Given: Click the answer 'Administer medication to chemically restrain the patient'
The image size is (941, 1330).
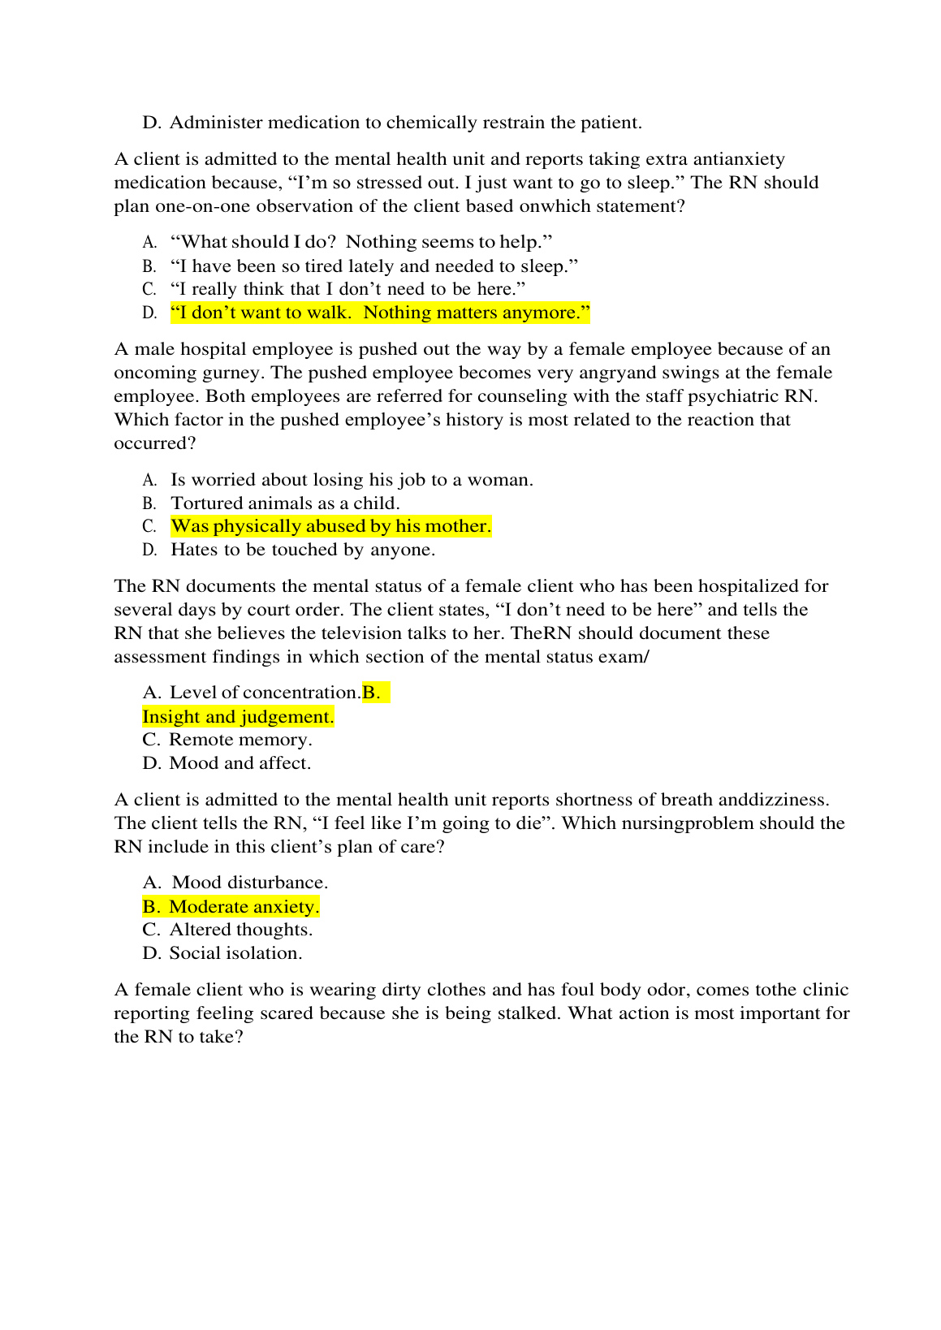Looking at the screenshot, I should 405,123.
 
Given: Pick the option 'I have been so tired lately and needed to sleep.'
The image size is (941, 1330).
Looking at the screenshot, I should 374,266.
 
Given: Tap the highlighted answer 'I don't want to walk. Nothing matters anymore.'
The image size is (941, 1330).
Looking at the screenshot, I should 380,313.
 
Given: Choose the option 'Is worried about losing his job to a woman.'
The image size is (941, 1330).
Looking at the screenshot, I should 352,480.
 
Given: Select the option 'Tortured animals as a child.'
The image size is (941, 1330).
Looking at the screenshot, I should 285,503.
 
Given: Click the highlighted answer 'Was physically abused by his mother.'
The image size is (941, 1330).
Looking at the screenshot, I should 330,526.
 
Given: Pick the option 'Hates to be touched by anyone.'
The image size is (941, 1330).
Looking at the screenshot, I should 303,550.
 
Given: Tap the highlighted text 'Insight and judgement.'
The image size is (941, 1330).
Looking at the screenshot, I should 238,717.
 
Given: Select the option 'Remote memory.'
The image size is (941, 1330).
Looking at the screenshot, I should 240,740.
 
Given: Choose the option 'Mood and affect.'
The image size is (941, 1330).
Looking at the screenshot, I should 240,763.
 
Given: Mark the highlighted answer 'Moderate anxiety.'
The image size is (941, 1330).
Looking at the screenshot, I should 244,907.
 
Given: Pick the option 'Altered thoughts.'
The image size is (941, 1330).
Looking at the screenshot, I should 240,930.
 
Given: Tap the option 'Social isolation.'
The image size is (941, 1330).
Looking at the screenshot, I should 235,953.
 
